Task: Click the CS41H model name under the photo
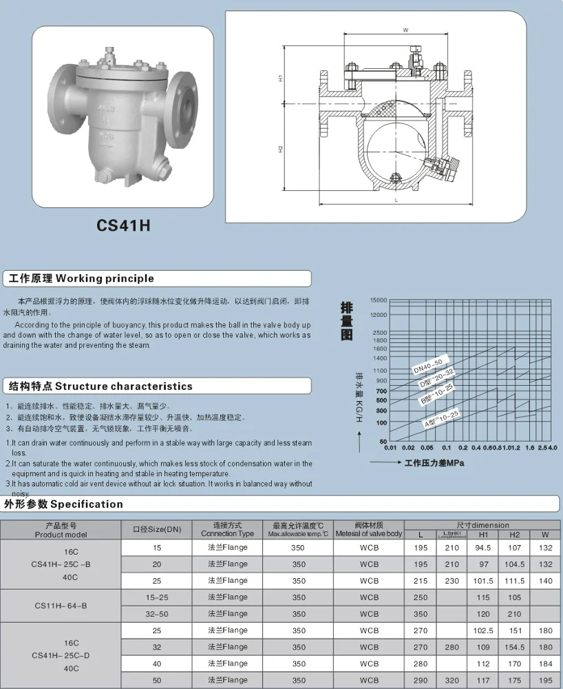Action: coord(123,225)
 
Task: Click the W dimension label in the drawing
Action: coord(405,30)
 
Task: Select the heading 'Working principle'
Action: coord(79,278)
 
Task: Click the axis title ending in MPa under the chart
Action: coord(434,463)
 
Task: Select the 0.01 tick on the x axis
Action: coord(390,448)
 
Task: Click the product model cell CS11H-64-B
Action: coord(61,606)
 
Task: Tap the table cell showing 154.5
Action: coord(514,647)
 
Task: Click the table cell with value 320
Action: coord(452,680)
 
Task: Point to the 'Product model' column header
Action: coord(61,530)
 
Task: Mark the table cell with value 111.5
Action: coord(514,581)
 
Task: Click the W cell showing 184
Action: coord(546,664)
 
